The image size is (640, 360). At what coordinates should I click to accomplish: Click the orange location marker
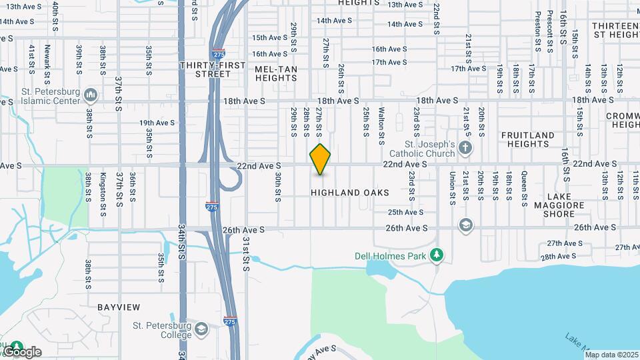(321, 159)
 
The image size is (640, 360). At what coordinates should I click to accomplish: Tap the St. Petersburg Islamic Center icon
(91, 97)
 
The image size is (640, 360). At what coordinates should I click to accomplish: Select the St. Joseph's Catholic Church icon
(465, 147)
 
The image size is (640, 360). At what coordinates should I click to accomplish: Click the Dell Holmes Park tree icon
(437, 255)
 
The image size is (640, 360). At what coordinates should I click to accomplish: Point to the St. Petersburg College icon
(201, 329)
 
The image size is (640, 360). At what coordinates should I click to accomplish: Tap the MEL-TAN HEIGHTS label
(275, 73)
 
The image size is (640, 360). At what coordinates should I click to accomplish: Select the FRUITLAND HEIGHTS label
(527, 139)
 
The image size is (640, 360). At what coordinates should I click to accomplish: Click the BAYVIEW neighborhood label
(119, 307)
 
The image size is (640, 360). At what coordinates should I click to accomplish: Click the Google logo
(22, 352)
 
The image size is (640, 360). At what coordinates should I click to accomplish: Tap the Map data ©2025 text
(611, 355)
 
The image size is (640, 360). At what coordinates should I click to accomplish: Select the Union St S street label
(453, 186)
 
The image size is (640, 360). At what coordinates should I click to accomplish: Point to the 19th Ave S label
(157, 123)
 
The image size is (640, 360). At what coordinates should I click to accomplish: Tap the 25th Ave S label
(406, 212)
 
